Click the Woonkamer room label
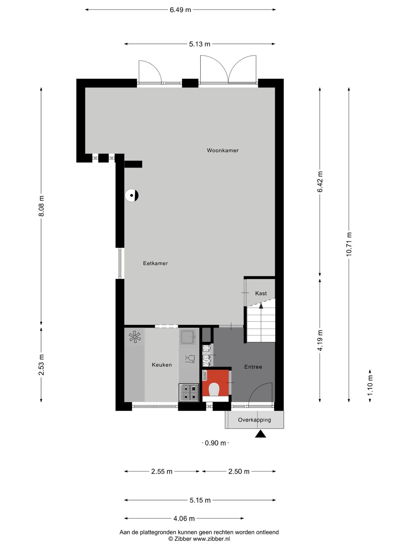point(223,150)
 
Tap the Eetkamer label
point(155,263)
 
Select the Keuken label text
point(162,365)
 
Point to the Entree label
point(253,367)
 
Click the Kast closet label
point(261,293)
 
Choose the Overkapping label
point(255,420)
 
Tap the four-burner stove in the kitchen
point(189,393)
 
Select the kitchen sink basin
point(188,337)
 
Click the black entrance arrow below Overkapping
point(260,434)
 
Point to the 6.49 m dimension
point(180,10)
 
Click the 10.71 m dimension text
point(349,244)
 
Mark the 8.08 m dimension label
point(41,206)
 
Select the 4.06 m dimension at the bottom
point(184,518)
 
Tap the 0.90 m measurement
point(215,443)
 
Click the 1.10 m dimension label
point(370,385)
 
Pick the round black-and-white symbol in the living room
point(132,196)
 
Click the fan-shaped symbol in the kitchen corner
point(135,337)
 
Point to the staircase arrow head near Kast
point(261,305)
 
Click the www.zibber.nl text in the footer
point(211,539)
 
